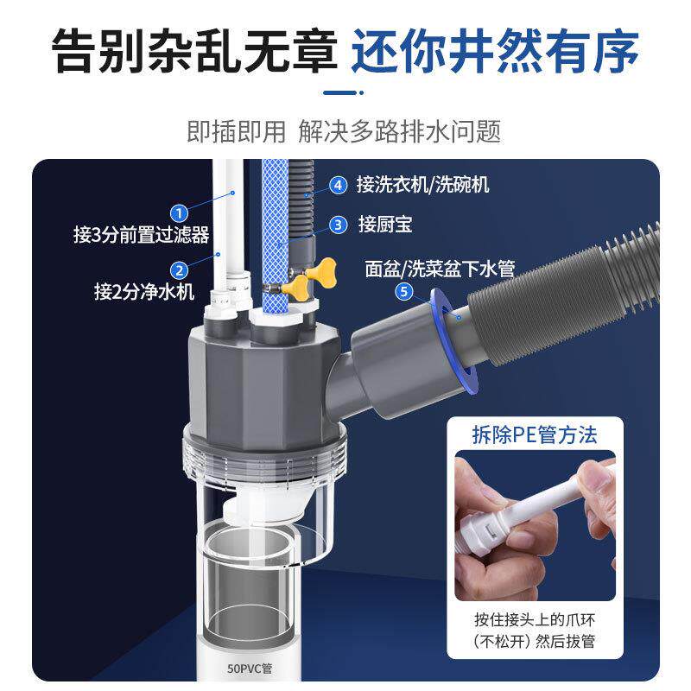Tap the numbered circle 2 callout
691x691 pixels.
tap(180, 270)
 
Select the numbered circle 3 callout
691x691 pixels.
tap(339, 225)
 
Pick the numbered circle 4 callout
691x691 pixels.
tap(339, 184)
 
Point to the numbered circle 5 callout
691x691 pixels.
tap(403, 292)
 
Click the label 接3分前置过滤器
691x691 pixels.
tap(142, 235)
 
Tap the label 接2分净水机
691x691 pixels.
tap(141, 292)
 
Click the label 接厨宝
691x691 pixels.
tap(384, 225)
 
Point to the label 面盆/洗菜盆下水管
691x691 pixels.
tap(441, 269)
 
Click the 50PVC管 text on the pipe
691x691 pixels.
tap(250, 667)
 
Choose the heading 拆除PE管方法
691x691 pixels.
tap(535, 434)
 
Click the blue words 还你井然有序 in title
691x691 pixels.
tap(495, 53)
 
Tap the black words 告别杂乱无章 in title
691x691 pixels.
tap(193, 53)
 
